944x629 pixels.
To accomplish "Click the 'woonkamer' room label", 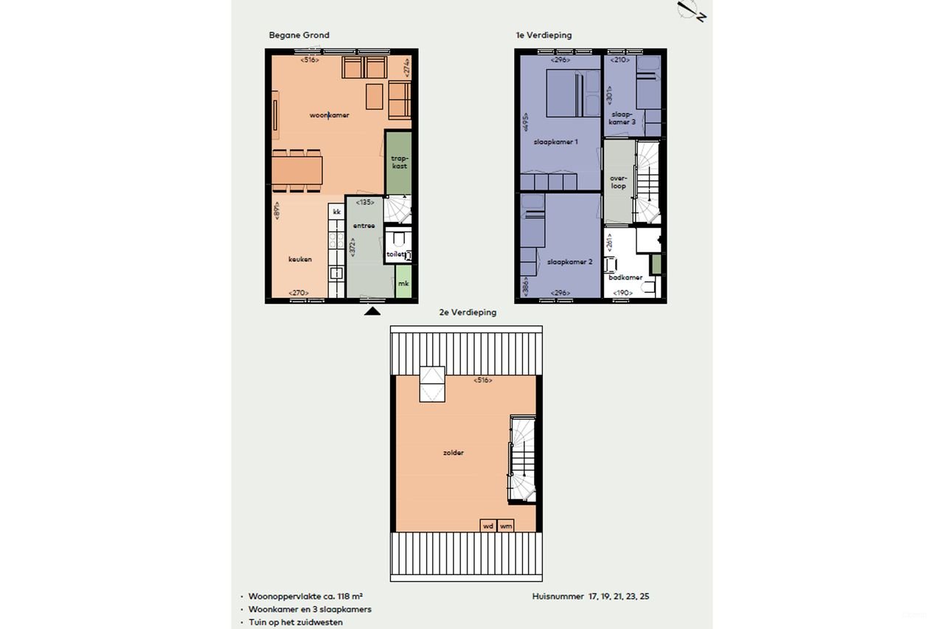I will click(329, 116).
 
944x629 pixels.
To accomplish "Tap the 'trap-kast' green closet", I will click(399, 161).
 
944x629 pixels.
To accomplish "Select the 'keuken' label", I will click(300, 259).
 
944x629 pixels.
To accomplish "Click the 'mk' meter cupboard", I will click(403, 284).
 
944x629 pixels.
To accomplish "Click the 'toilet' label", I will click(395, 254).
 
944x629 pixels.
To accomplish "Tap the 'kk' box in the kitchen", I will click(336, 212).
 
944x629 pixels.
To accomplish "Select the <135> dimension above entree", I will click(364, 201).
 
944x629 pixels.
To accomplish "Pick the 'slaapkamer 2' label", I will click(570, 262).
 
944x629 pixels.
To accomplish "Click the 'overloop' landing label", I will click(618, 181).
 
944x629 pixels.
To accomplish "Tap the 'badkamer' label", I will click(625, 278).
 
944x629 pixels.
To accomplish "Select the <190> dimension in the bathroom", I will click(622, 293).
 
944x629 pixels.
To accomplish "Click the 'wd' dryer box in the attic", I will click(487, 526).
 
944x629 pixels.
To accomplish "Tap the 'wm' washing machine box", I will click(506, 526).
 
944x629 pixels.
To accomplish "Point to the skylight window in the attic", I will click(432, 383).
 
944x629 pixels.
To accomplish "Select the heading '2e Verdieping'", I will click(468, 313).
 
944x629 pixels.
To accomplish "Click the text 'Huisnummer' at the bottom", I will click(556, 596).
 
